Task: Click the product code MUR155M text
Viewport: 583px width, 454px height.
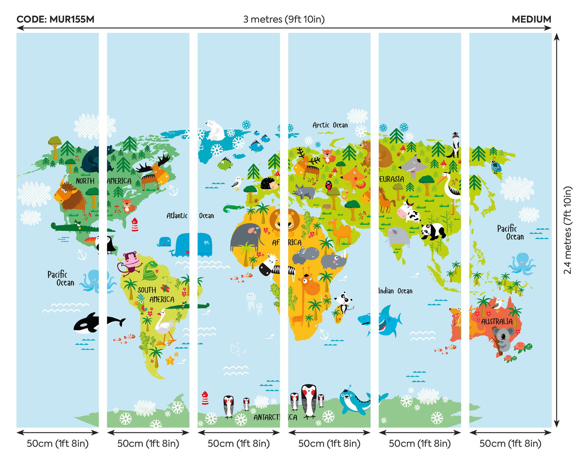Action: click(55, 19)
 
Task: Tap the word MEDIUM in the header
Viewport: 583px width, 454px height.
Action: click(531, 19)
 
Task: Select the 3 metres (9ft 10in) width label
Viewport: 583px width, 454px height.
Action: click(284, 19)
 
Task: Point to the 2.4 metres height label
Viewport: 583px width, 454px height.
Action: click(568, 230)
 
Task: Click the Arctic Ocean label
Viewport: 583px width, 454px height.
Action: click(330, 125)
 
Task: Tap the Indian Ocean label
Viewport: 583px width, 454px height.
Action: click(395, 291)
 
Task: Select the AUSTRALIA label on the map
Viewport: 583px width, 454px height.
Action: click(497, 322)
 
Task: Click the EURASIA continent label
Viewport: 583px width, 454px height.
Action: click(391, 179)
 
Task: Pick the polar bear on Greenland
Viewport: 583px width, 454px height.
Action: click(215, 130)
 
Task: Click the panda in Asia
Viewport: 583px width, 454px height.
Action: click(432, 232)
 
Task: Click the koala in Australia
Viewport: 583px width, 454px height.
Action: click(503, 338)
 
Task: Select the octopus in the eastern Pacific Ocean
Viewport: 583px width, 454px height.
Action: click(522, 264)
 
